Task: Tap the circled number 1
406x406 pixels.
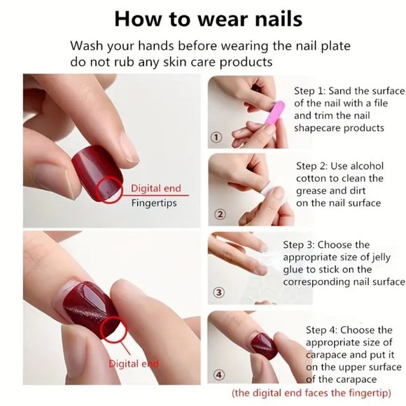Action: click(216, 137)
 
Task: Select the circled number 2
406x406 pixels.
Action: click(219, 214)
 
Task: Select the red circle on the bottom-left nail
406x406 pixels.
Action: click(112, 326)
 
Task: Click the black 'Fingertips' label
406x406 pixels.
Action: click(154, 203)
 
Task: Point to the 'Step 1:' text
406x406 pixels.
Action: click(313, 91)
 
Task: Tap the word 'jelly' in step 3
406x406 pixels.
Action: click(389, 257)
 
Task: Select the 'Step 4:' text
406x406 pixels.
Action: click(324, 330)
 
